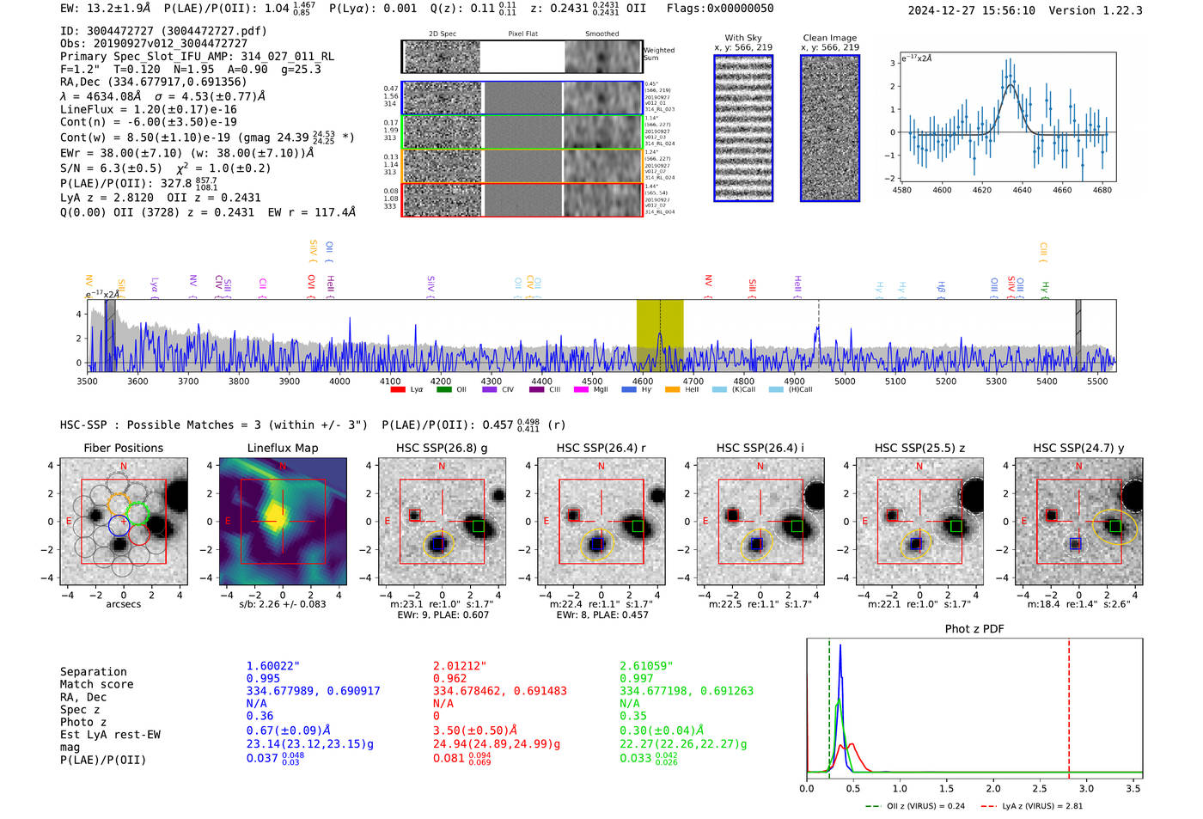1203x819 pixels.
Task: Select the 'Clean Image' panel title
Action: click(829, 38)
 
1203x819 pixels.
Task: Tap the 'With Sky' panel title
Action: click(742, 38)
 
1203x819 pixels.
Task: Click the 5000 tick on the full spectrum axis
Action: click(845, 382)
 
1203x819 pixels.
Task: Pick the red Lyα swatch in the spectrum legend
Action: click(398, 390)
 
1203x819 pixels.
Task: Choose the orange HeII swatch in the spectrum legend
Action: click(672, 390)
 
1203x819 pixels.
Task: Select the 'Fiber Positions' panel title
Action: click(123, 448)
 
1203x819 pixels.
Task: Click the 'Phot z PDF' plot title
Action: click(974, 629)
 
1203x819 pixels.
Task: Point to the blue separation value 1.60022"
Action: click(272, 666)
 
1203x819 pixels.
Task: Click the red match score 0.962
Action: click(449, 678)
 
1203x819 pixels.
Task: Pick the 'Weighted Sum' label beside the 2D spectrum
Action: click(659, 54)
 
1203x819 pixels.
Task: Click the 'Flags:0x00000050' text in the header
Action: click(719, 9)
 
